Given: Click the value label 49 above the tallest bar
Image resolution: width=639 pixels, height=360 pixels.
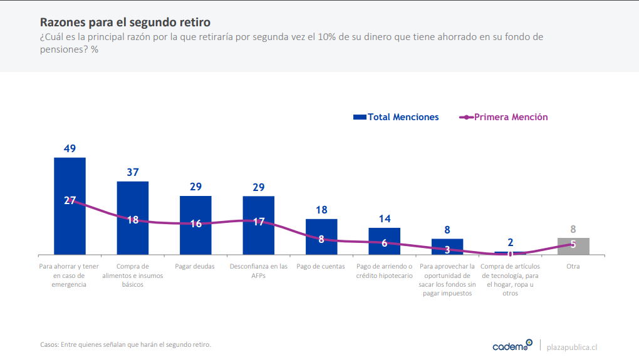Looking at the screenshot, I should pyautogui.click(x=70, y=149).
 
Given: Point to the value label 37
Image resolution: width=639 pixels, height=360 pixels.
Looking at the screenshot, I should pyautogui.click(x=133, y=173).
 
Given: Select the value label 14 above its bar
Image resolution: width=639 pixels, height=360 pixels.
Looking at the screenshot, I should pyautogui.click(x=385, y=219).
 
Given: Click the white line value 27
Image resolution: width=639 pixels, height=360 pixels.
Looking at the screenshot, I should pyautogui.click(x=70, y=201).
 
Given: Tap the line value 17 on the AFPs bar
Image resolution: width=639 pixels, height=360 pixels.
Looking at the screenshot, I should pyautogui.click(x=259, y=222).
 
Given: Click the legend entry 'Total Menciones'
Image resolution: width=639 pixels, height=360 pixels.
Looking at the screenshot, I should pyautogui.click(x=396, y=117).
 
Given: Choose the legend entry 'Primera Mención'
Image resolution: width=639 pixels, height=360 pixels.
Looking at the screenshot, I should pyautogui.click(x=504, y=117).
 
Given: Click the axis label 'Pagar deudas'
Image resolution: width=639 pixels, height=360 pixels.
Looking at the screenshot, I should pyautogui.click(x=195, y=267).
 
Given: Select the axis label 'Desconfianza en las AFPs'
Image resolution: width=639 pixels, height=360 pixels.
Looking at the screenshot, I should pyautogui.click(x=259, y=270).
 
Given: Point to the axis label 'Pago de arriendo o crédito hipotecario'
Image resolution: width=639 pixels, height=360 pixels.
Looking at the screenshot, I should pyautogui.click(x=385, y=270).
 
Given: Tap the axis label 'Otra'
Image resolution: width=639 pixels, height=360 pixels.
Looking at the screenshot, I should pyautogui.click(x=573, y=267).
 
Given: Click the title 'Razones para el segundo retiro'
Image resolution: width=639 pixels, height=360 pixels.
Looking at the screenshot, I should pyautogui.click(x=125, y=23).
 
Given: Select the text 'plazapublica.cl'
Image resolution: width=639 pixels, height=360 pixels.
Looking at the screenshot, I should pyautogui.click(x=572, y=346).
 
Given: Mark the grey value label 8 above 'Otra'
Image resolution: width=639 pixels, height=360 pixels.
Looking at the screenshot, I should pyautogui.click(x=573, y=229).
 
